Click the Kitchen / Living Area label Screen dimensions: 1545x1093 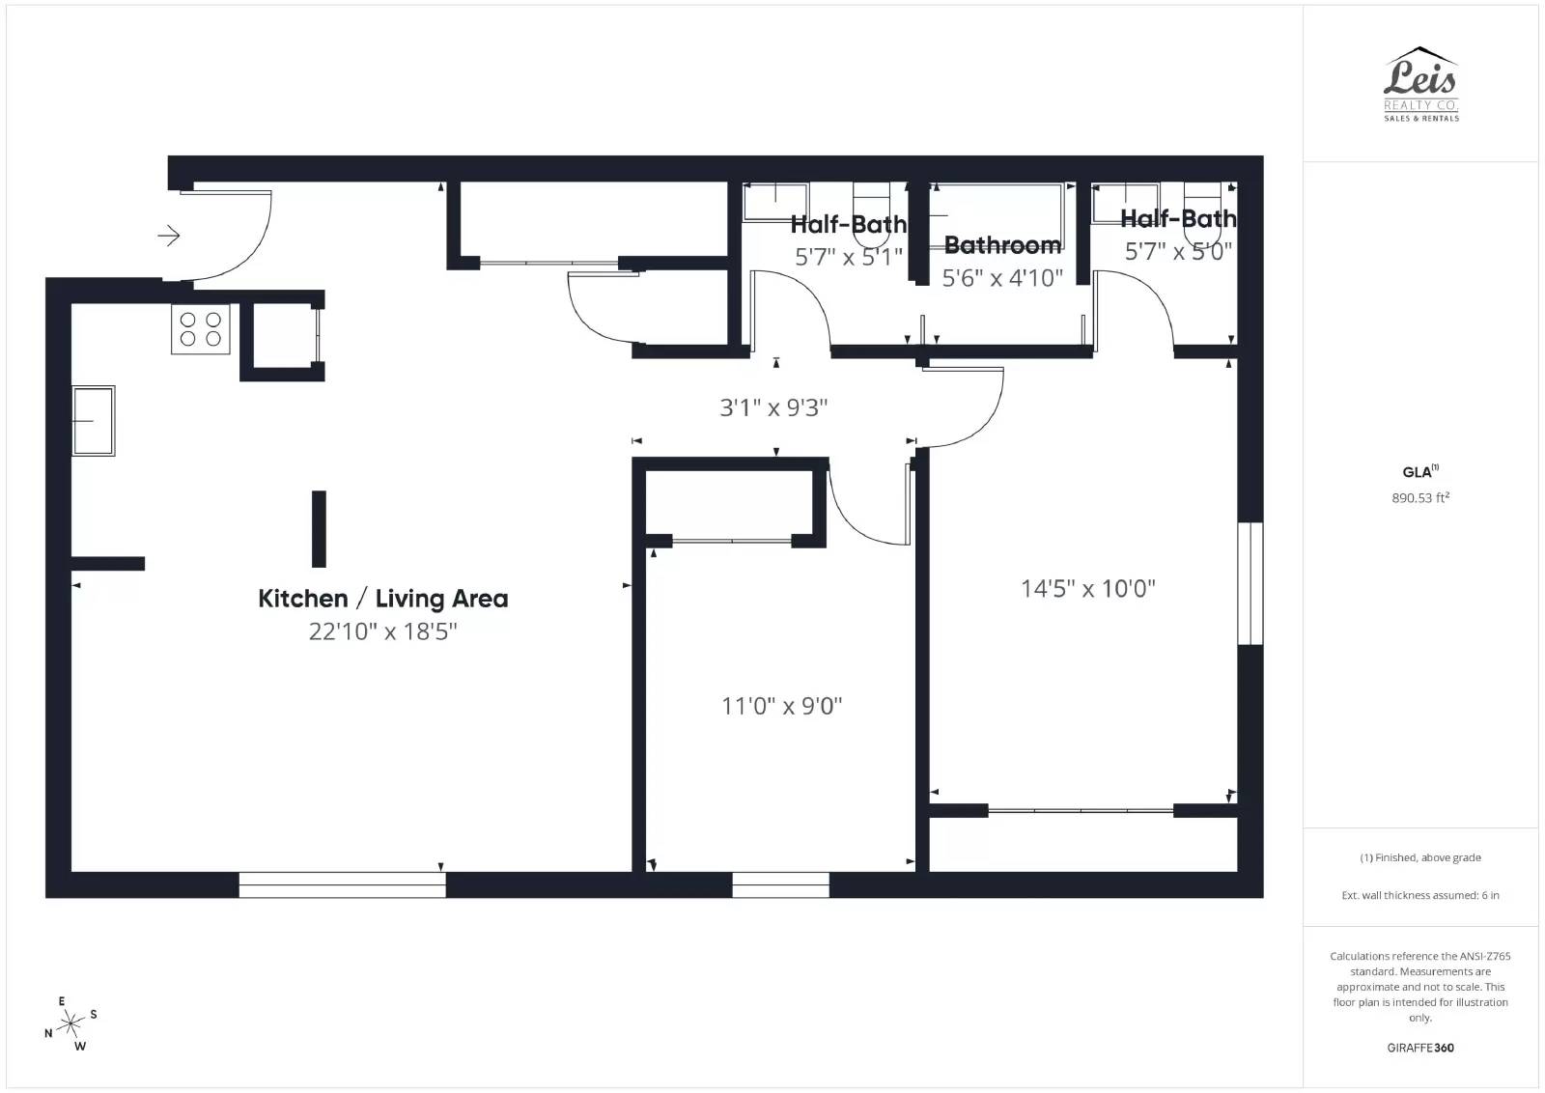[x=382, y=599]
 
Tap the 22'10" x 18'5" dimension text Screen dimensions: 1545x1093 [x=382, y=631]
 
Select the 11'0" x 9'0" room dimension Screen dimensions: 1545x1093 [x=781, y=706]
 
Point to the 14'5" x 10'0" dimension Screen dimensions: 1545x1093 [x=1087, y=589]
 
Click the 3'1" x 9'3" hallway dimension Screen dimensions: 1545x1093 [x=773, y=407]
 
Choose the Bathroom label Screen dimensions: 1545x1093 [x=1002, y=245]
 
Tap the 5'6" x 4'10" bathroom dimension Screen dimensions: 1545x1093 [x=1002, y=278]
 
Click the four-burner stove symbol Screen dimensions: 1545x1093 [x=201, y=329]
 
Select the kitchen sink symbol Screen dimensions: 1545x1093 [x=94, y=421]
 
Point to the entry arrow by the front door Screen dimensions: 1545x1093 [x=169, y=236]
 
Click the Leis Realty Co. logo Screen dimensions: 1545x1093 [x=1420, y=84]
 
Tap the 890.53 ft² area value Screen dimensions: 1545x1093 [x=1420, y=498]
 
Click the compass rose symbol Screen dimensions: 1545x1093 [x=70, y=1024]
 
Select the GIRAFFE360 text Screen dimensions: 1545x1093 [x=1420, y=1048]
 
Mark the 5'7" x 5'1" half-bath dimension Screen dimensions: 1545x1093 [x=849, y=257]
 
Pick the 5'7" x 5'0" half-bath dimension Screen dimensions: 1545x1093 [x=1178, y=252]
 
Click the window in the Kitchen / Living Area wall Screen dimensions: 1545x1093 [x=342, y=884]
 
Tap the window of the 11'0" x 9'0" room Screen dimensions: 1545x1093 [x=780, y=884]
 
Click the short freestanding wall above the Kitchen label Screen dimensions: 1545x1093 [x=319, y=529]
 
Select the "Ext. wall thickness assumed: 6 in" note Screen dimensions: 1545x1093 [x=1420, y=895]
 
